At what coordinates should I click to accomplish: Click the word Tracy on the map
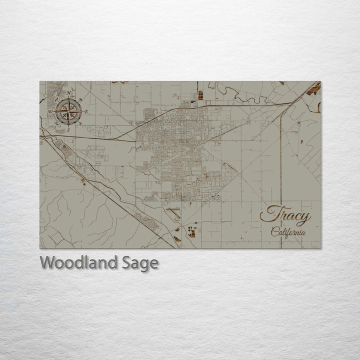click(x=285, y=215)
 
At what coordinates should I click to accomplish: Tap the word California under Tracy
click(x=288, y=232)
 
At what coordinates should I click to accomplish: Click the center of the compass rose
click(x=69, y=110)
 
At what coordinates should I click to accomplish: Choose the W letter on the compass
click(x=50, y=111)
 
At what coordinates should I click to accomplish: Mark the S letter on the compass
click(x=68, y=128)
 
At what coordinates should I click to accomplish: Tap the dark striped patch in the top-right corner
click(x=313, y=89)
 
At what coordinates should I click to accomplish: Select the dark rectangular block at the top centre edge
click(x=200, y=94)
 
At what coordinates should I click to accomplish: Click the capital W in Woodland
click(x=47, y=262)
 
